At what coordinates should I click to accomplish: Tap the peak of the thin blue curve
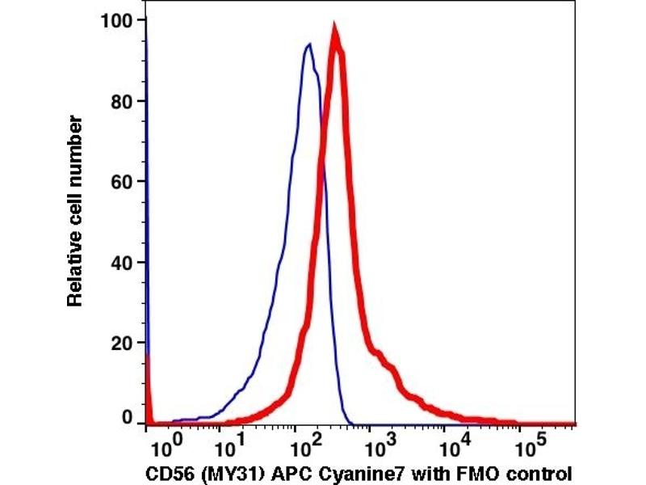pos(308,44)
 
